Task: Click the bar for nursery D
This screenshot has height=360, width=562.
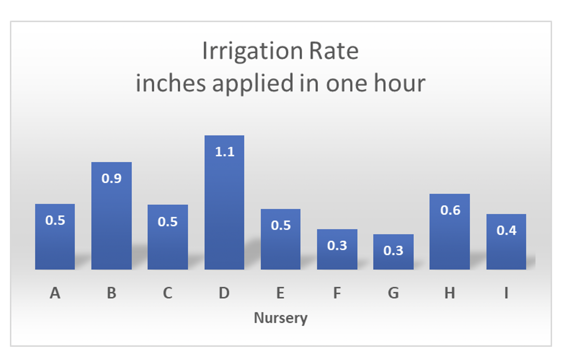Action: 224,202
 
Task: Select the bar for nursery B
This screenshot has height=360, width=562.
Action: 111,216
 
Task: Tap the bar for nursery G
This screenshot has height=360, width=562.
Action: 393,252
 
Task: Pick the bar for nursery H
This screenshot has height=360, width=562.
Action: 449,232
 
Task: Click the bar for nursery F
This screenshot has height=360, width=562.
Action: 337,249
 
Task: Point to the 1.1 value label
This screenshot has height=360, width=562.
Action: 224,152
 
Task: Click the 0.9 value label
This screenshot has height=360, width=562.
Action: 111,179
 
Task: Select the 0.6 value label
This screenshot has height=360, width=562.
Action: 450,210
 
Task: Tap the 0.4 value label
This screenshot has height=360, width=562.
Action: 506,230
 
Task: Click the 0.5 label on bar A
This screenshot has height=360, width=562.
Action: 55,220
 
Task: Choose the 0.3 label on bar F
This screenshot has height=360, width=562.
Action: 337,246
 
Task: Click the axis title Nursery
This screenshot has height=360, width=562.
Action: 281,318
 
